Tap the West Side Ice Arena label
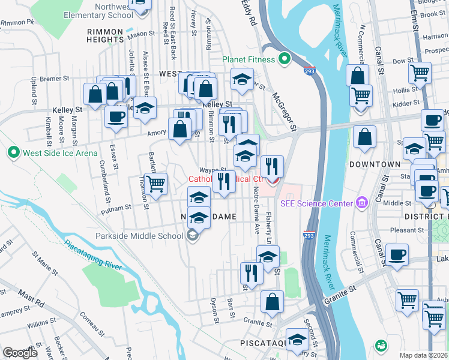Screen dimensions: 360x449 [x=60, y=154]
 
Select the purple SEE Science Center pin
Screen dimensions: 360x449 [x=360, y=203]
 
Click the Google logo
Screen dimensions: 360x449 [x=20, y=352]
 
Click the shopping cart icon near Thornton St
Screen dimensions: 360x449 [x=155, y=183]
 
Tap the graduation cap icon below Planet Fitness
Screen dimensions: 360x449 [x=241, y=79]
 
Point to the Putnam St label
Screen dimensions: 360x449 [x=117, y=208]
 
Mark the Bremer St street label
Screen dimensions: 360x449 [x=55, y=79]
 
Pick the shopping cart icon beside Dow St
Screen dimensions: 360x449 [x=420, y=73]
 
